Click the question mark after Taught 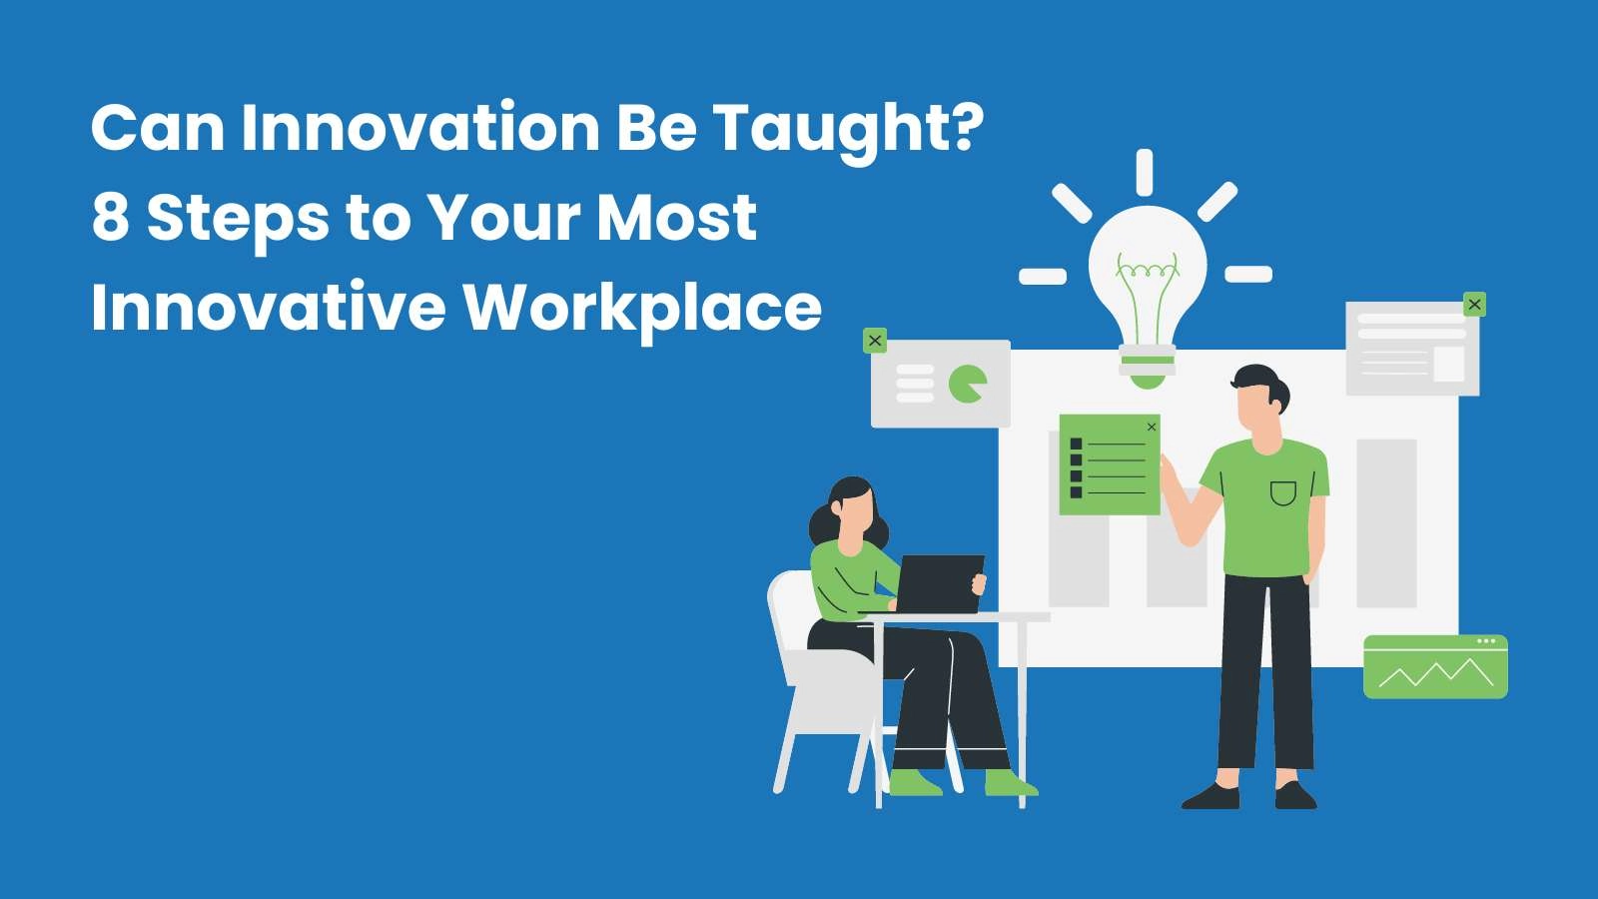point(968,126)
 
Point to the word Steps point(239,220)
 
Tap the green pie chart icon point(968,384)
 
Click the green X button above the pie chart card point(875,341)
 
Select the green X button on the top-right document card point(1474,305)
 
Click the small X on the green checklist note point(1151,427)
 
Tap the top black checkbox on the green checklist point(1077,444)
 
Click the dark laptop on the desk point(940,583)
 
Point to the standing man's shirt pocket point(1282,493)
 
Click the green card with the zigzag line point(1435,666)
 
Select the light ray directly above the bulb point(1145,172)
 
